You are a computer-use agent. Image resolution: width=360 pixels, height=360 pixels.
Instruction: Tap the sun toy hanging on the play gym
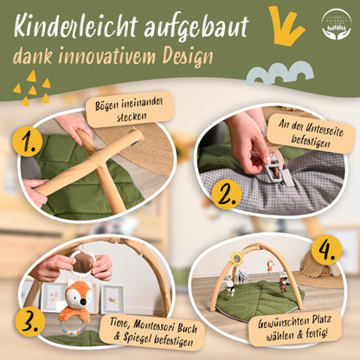236,258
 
